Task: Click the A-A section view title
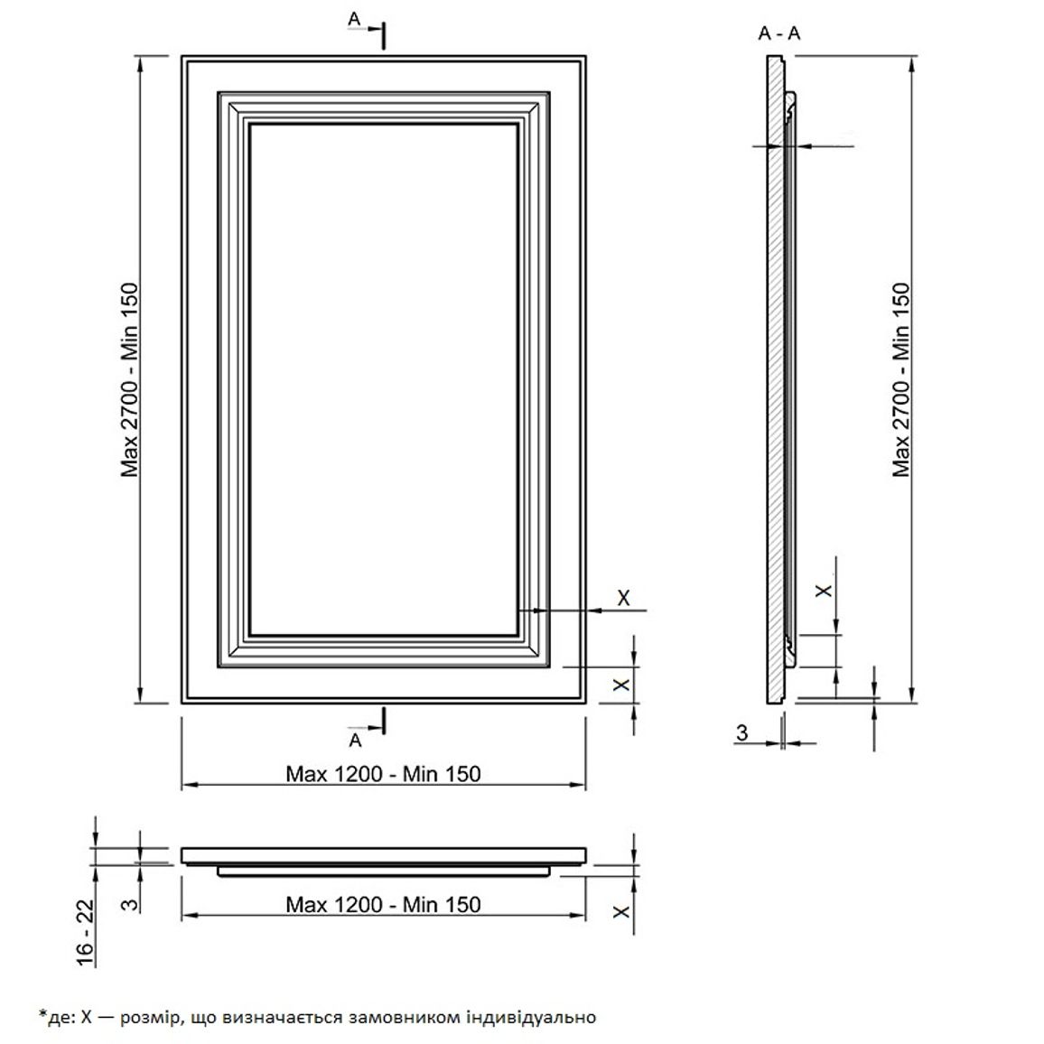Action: click(779, 33)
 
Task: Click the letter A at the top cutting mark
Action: click(354, 20)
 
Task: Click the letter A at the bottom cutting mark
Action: click(356, 740)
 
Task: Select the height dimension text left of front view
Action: click(129, 379)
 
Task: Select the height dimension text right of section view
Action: click(900, 379)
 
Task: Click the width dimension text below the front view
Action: click(383, 774)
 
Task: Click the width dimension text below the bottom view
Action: click(383, 904)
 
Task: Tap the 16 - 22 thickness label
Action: click(85, 932)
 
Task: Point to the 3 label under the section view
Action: click(741, 733)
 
